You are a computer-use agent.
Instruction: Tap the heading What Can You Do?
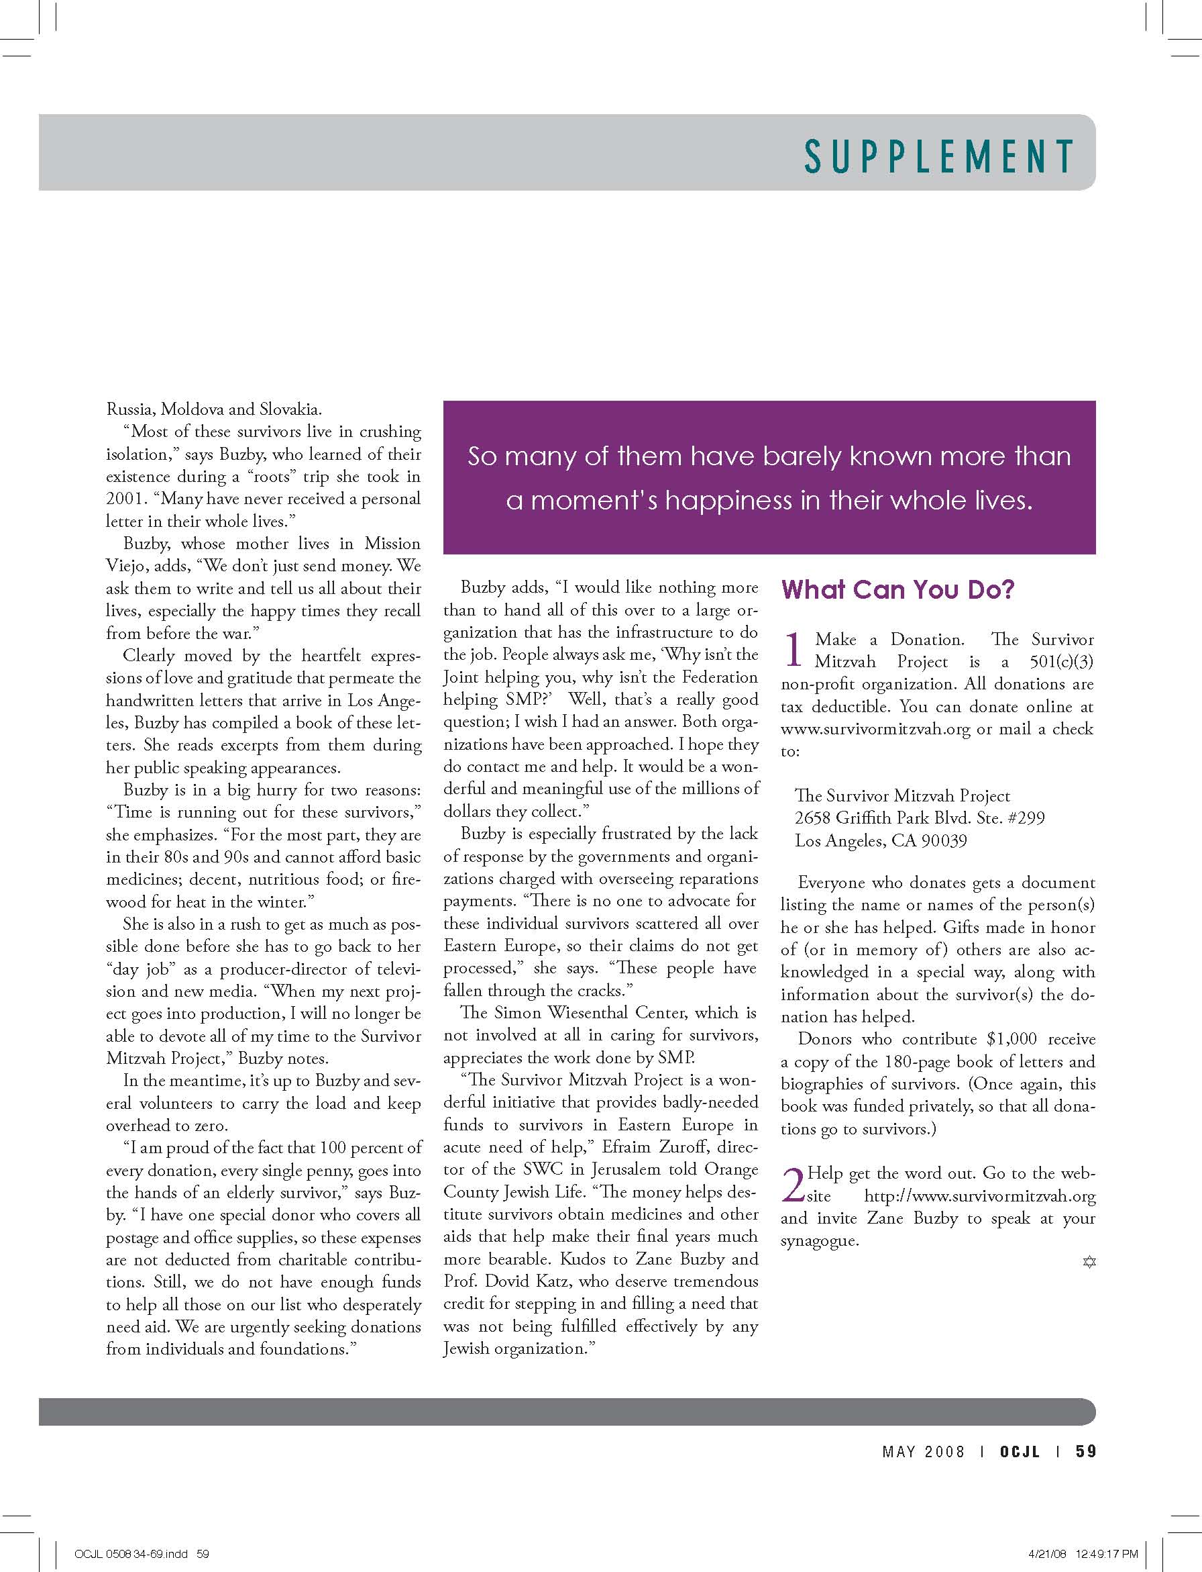[x=897, y=589]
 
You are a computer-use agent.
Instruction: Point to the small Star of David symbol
[x=1089, y=1261]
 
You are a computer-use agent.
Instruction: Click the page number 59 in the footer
[x=1085, y=1451]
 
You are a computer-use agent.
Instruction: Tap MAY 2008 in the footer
[x=923, y=1451]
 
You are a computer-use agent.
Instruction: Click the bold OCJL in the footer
[x=1020, y=1451]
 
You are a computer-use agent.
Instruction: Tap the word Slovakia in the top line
[x=289, y=409]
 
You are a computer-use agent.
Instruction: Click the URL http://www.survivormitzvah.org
[x=979, y=1195]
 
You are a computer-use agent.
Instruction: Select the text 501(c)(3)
[x=1061, y=662]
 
